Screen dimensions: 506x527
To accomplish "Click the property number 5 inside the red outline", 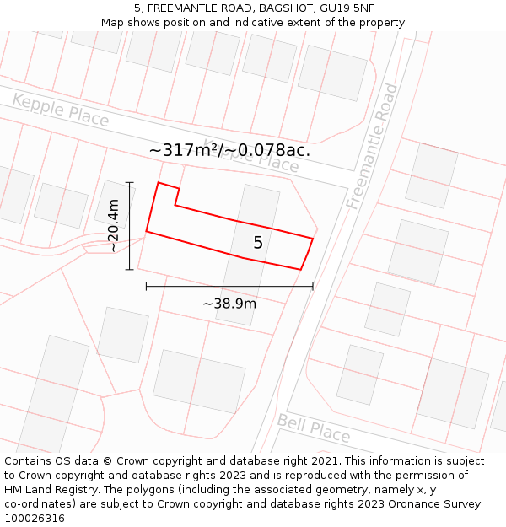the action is pos(258,243).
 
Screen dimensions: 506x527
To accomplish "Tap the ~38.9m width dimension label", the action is pos(229,304).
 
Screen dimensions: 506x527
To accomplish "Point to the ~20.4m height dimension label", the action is pos(114,225).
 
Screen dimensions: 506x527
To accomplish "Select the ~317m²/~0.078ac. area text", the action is pos(229,151).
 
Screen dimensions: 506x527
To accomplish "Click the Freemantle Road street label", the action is pos(372,146).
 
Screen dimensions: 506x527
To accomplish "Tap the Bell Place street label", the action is pos(314,429).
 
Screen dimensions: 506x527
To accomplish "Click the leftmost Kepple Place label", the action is pos(61,110).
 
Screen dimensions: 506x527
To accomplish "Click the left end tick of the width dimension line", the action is pos(146,287).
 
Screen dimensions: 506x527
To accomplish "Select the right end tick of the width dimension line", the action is pos(313,287).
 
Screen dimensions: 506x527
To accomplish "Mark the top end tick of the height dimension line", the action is pos(129,182).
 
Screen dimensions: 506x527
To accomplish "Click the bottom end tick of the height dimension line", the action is pos(129,270).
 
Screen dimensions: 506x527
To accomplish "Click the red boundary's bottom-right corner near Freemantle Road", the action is pos(301,270).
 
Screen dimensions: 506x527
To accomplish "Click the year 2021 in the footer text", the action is pos(324,461).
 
